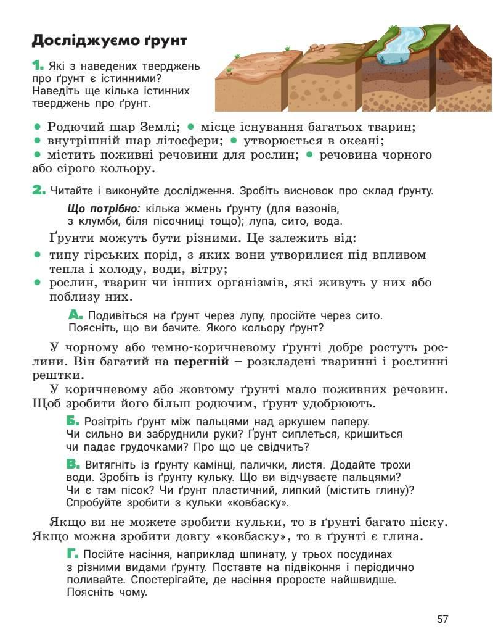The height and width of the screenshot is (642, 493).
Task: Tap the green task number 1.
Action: pos(37,65)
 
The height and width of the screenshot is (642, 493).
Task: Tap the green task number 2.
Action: pos(38,191)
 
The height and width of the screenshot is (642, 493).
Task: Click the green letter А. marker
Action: pos(75,315)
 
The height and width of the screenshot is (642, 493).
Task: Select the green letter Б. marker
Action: pos(73,422)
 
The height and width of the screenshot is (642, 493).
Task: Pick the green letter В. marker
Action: pos(73,464)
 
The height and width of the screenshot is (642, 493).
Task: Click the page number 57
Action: pos(442,619)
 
